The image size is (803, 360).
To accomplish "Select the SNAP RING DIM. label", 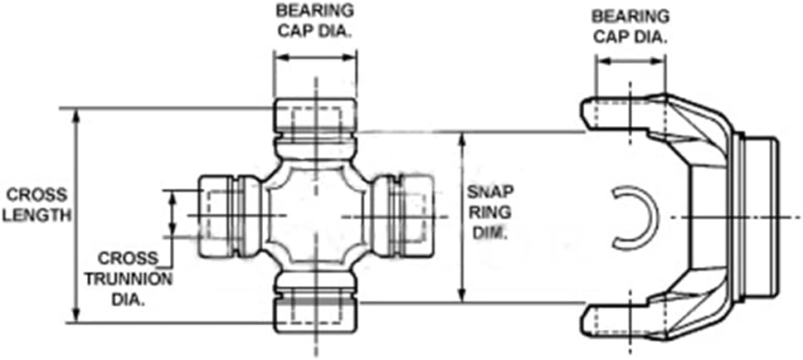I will (x=489, y=212).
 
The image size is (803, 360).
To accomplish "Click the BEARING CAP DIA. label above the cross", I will (x=314, y=21).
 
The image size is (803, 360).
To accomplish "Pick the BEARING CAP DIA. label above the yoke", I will (x=631, y=24).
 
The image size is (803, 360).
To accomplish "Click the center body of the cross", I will (x=314, y=215).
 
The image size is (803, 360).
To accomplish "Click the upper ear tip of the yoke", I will (x=591, y=111).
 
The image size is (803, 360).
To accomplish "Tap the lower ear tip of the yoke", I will (x=591, y=319).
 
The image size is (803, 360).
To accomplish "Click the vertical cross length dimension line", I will (x=76, y=216).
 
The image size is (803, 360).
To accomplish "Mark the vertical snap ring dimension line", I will (x=462, y=215).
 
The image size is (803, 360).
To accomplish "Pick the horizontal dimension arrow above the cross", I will (x=314, y=58).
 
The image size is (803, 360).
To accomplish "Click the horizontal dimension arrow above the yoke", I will (x=631, y=61).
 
